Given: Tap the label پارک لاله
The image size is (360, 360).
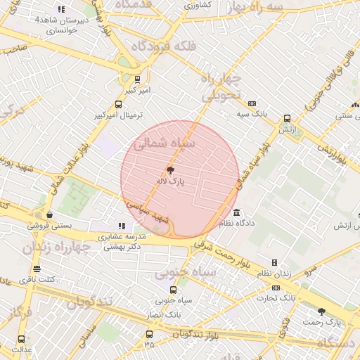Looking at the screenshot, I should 170,181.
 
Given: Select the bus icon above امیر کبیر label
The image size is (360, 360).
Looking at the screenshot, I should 136,79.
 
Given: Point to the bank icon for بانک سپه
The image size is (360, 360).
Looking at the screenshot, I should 252,103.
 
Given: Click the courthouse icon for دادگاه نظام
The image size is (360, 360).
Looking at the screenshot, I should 236,212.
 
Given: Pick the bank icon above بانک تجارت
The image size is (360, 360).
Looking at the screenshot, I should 275,287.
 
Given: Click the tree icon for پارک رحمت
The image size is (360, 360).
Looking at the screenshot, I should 321,311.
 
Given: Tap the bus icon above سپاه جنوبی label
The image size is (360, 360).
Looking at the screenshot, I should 173,289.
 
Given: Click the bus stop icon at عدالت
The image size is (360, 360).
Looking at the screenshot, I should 20,337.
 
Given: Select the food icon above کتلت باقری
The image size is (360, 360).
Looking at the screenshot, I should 37,269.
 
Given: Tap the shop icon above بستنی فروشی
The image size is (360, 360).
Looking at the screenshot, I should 49,214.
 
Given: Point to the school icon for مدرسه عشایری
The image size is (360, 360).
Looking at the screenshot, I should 122,226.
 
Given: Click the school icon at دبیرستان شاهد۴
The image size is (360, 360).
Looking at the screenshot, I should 61,9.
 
